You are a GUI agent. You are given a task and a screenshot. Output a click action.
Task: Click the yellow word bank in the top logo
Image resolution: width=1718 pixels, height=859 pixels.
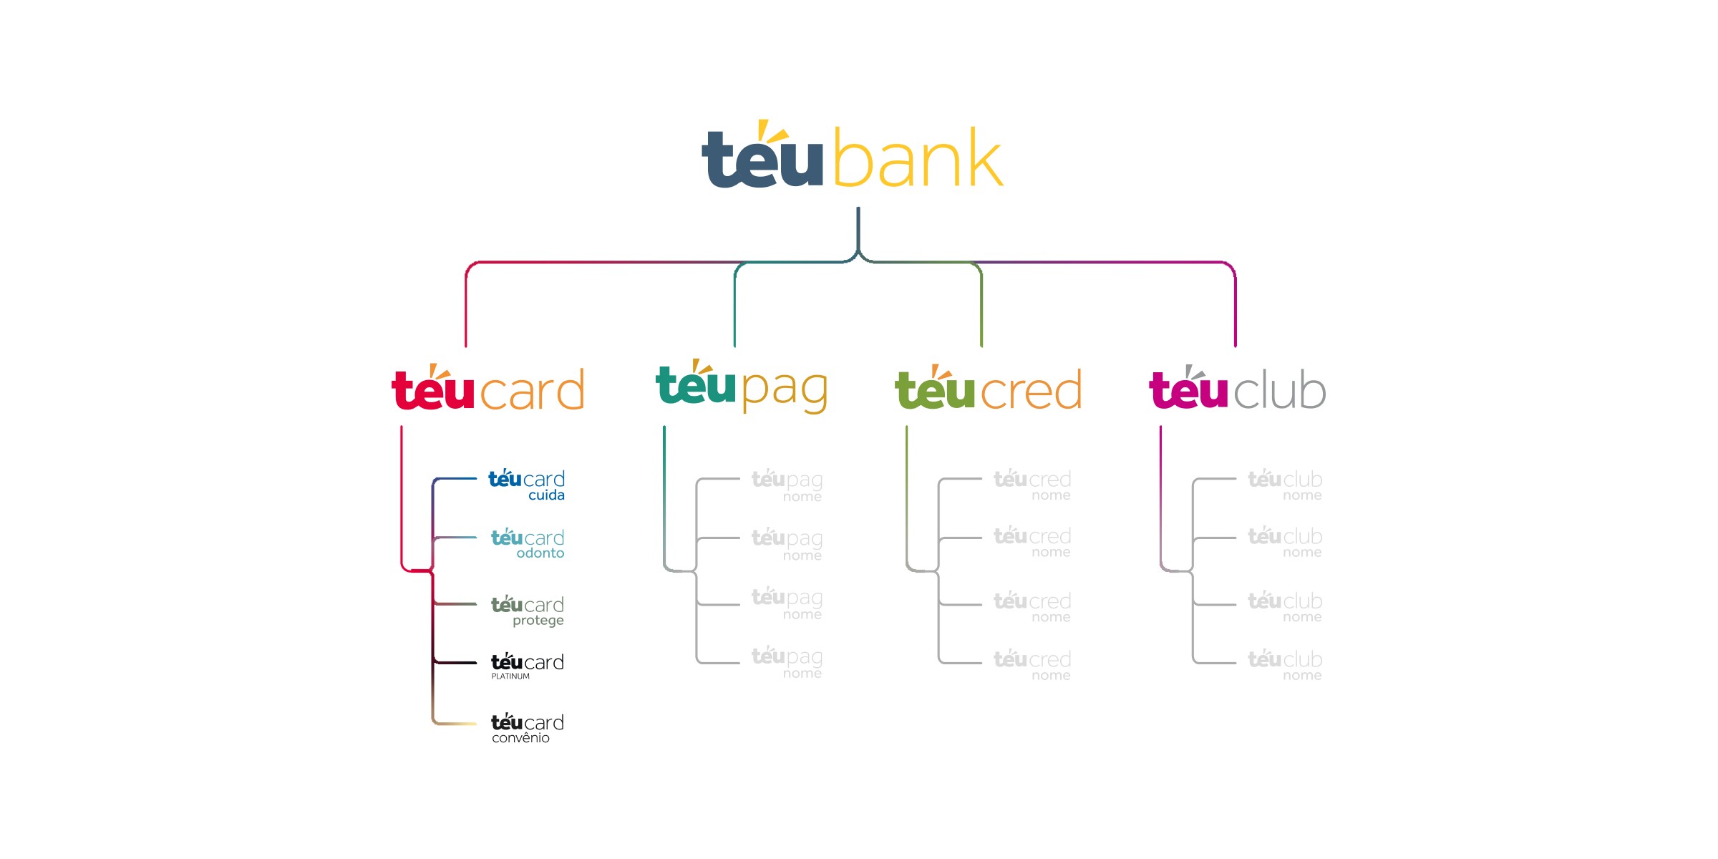click(918, 159)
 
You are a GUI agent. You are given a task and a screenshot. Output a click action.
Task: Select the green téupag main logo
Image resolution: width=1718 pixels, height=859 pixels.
click(742, 387)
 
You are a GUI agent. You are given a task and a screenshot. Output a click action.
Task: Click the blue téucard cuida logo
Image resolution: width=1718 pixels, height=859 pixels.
click(526, 485)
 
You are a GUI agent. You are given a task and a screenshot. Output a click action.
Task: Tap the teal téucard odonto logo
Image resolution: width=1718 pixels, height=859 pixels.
click(528, 543)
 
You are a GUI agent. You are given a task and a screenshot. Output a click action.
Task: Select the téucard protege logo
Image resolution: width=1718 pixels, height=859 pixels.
click(528, 610)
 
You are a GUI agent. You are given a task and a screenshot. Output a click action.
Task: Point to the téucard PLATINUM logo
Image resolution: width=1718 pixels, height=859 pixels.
click(528, 665)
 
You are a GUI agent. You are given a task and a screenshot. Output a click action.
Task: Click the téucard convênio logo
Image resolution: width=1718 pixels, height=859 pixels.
click(528, 727)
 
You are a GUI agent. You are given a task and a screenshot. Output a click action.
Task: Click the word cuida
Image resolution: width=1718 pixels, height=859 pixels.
click(546, 495)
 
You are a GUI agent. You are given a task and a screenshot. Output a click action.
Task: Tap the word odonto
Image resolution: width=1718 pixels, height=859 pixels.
click(540, 553)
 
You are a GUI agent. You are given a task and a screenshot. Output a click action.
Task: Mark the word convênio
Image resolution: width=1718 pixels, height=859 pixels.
click(520, 738)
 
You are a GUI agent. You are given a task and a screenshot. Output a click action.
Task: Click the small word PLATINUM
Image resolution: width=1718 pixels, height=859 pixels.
click(510, 676)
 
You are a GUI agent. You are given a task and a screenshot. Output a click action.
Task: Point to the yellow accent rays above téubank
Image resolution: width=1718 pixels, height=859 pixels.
click(772, 131)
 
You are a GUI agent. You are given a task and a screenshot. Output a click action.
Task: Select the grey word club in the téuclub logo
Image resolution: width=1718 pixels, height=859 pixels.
click(1280, 392)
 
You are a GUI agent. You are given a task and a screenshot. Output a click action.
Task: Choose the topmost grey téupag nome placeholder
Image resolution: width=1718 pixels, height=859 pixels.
click(787, 485)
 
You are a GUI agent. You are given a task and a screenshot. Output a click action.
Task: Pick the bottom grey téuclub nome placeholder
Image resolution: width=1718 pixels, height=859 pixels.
click(1285, 664)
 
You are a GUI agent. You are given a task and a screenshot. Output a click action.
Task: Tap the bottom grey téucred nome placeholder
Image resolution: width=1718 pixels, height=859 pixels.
click(1032, 664)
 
